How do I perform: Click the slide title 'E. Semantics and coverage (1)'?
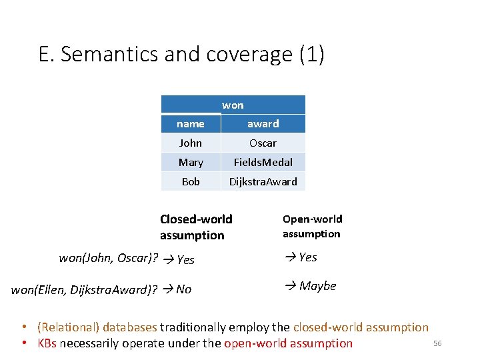click(181, 54)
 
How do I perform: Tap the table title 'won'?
click(233, 105)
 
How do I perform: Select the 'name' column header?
click(191, 124)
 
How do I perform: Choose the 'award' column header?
click(263, 124)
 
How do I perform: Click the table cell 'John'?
click(191, 143)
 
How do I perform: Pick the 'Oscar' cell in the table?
click(263, 143)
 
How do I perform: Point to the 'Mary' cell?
click(191, 162)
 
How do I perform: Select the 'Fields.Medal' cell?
click(263, 162)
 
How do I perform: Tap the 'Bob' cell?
click(191, 181)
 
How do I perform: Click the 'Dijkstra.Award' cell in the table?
click(263, 181)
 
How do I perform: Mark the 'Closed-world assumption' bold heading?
click(196, 227)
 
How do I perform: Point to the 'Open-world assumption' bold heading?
click(312, 226)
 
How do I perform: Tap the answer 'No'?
click(183, 289)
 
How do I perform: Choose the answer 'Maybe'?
click(317, 286)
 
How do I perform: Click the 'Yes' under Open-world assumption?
click(307, 257)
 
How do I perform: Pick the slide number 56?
click(437, 343)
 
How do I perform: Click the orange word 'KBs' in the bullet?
click(47, 343)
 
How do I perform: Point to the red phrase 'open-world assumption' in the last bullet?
click(288, 343)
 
